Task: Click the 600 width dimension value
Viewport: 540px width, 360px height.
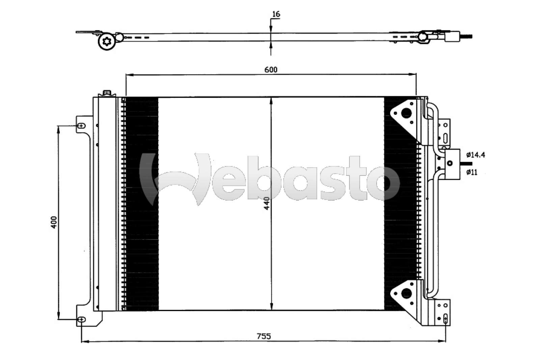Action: click(x=271, y=70)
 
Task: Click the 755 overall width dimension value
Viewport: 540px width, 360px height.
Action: click(x=264, y=336)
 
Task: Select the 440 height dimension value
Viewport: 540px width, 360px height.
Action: click(x=267, y=204)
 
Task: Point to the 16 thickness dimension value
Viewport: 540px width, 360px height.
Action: click(x=276, y=14)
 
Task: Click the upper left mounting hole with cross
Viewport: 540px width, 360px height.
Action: click(x=81, y=126)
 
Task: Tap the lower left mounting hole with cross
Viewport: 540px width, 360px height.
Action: click(x=81, y=319)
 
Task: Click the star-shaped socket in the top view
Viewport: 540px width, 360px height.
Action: click(x=107, y=42)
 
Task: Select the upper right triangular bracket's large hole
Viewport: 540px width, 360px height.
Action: click(x=407, y=113)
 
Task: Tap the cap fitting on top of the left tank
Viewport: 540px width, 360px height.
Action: click(x=107, y=93)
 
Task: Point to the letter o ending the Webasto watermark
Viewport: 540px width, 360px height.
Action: click(x=385, y=183)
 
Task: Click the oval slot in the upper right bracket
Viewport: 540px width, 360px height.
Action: click(x=445, y=138)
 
